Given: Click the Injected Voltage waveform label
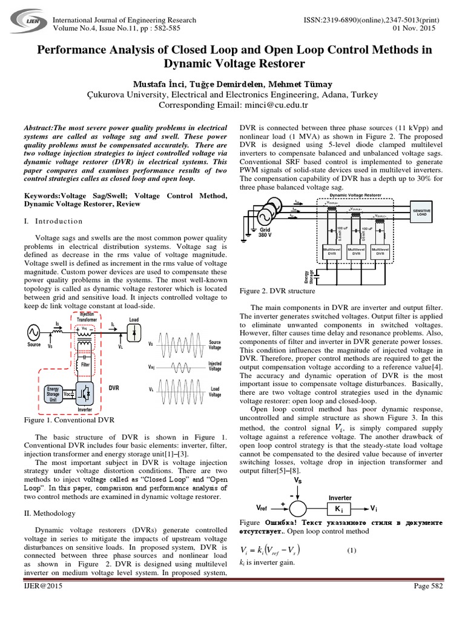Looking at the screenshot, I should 215,366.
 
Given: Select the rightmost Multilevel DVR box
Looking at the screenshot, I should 380,252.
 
